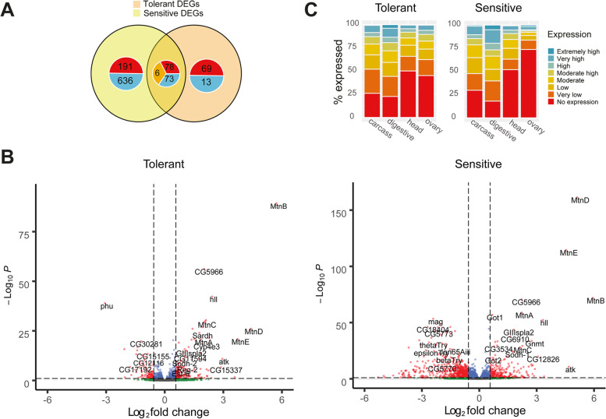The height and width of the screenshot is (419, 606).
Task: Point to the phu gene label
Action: [107, 306]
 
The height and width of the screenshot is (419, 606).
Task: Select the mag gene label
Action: [435, 322]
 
